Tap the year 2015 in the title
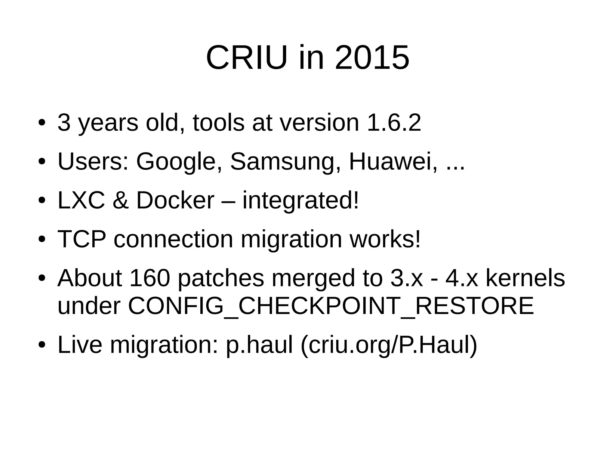tap(372, 57)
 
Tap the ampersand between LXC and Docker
tap(121, 200)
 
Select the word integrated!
tap(301, 201)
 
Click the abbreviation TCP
tap(82, 239)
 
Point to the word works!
tap(385, 239)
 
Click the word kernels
tap(525, 278)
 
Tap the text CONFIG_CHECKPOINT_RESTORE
tap(331, 306)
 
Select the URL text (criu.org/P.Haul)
tap(389, 345)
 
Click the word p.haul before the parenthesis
tap(259, 345)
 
